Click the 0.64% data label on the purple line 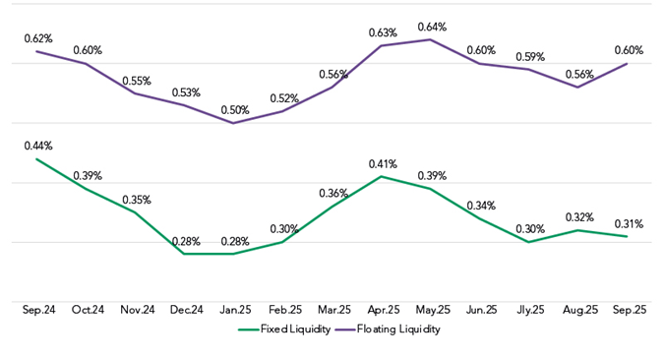[432, 27]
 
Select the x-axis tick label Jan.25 [234, 310]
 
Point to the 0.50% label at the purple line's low [234, 110]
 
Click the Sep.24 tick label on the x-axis [37, 310]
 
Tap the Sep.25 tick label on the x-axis [628, 310]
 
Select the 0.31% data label [628, 223]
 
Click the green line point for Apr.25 [382, 177]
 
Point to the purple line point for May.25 [431, 39]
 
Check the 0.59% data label [530, 56]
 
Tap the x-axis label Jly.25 [529, 310]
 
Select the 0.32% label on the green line [579, 217]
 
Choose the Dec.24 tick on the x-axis [185, 310]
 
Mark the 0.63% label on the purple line [383, 32]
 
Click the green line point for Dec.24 [185, 254]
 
